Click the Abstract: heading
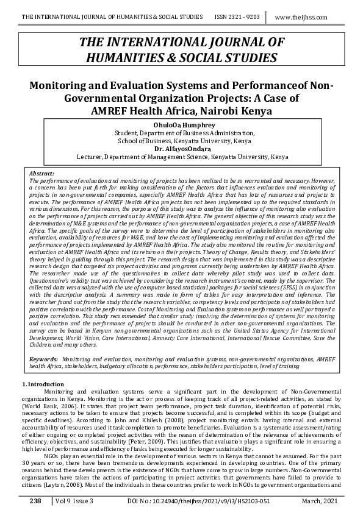[42, 173]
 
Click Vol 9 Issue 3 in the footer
[73, 500]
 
